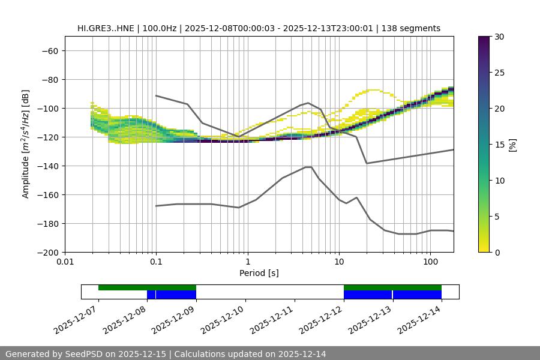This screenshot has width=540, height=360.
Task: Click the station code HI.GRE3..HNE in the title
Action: point(107,28)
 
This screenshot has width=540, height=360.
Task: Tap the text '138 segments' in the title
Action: point(413,28)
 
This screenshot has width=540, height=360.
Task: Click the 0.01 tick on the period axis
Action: point(65,263)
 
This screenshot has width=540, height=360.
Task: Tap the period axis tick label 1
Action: point(247,263)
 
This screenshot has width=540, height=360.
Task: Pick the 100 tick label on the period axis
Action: point(430,263)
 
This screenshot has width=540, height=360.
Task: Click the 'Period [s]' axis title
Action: point(259,273)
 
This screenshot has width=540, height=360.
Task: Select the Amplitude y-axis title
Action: point(26,144)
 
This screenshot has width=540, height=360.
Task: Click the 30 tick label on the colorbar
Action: point(499,37)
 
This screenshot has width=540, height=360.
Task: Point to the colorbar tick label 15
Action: point(499,145)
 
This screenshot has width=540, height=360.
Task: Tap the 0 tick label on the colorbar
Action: point(497,252)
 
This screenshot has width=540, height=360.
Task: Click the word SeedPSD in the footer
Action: point(84,354)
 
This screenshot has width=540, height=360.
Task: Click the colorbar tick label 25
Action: point(499,73)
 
